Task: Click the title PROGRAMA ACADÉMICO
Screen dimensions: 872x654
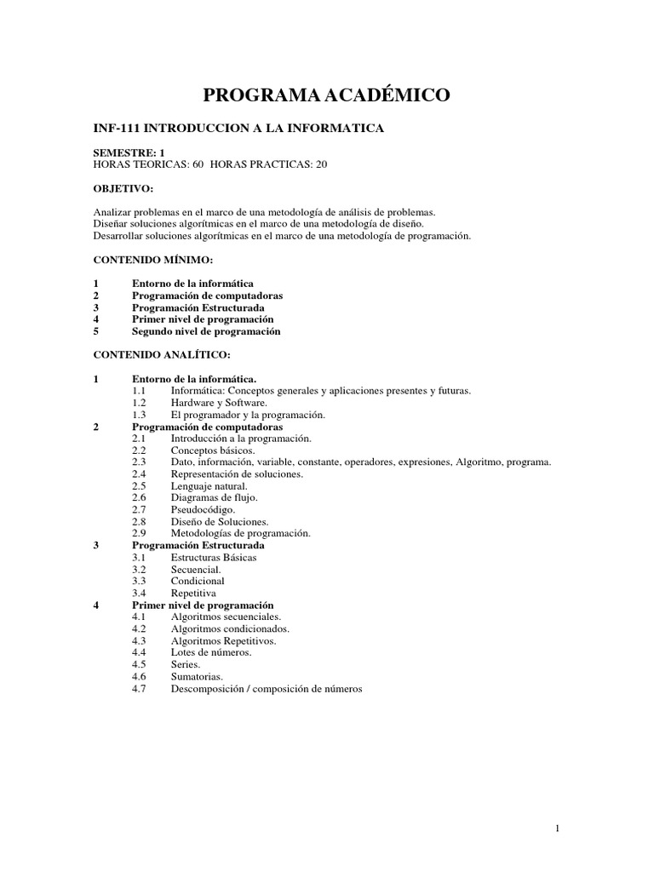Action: pos(326,95)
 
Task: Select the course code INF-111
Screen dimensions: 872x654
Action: pos(115,129)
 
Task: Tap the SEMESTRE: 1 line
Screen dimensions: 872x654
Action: pos(129,152)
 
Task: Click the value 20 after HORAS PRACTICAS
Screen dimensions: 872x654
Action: pos(321,164)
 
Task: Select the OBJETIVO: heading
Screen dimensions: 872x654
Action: pos(123,187)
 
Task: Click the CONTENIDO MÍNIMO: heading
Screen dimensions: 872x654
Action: pos(152,259)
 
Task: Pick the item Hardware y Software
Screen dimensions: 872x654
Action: pos(219,402)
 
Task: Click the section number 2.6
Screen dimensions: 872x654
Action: pos(140,497)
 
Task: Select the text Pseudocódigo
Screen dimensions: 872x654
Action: pos(204,509)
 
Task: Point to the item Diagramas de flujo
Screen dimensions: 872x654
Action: pos(214,497)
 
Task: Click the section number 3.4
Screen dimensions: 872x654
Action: pos(140,593)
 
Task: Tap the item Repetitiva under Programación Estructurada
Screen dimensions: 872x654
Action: pos(193,593)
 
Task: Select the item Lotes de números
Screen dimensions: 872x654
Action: pos(210,652)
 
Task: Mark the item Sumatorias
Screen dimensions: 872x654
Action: pos(197,676)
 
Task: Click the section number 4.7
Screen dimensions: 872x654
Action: pos(140,689)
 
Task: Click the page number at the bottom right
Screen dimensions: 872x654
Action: pos(556,829)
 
